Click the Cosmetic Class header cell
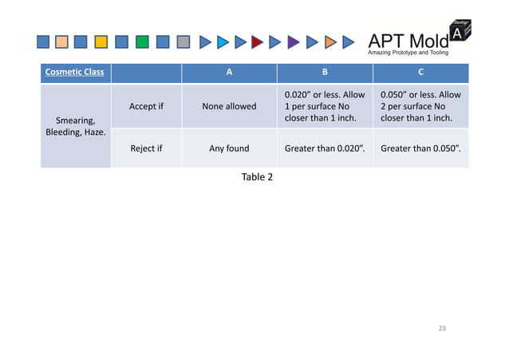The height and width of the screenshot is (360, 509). [74, 73]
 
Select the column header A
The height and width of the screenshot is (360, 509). [228, 73]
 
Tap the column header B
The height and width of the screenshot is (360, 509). [324, 73]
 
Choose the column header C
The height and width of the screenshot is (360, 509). [421, 73]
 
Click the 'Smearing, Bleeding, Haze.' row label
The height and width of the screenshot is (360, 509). [76, 126]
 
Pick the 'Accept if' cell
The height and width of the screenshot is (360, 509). [146, 106]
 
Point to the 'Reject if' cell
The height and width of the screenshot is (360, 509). [146, 148]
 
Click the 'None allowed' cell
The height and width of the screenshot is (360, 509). [228, 106]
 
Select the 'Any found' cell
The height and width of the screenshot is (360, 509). [228, 148]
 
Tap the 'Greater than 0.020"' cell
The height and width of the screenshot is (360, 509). [324, 148]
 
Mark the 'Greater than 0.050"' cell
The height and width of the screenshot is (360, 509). [421, 148]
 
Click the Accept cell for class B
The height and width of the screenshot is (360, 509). [324, 106]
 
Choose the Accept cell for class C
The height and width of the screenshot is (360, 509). [421, 106]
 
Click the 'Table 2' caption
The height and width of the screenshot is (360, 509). [257, 176]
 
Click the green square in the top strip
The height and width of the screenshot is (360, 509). [142, 42]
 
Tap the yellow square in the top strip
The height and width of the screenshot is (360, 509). [101, 42]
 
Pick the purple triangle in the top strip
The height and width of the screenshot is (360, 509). [294, 42]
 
